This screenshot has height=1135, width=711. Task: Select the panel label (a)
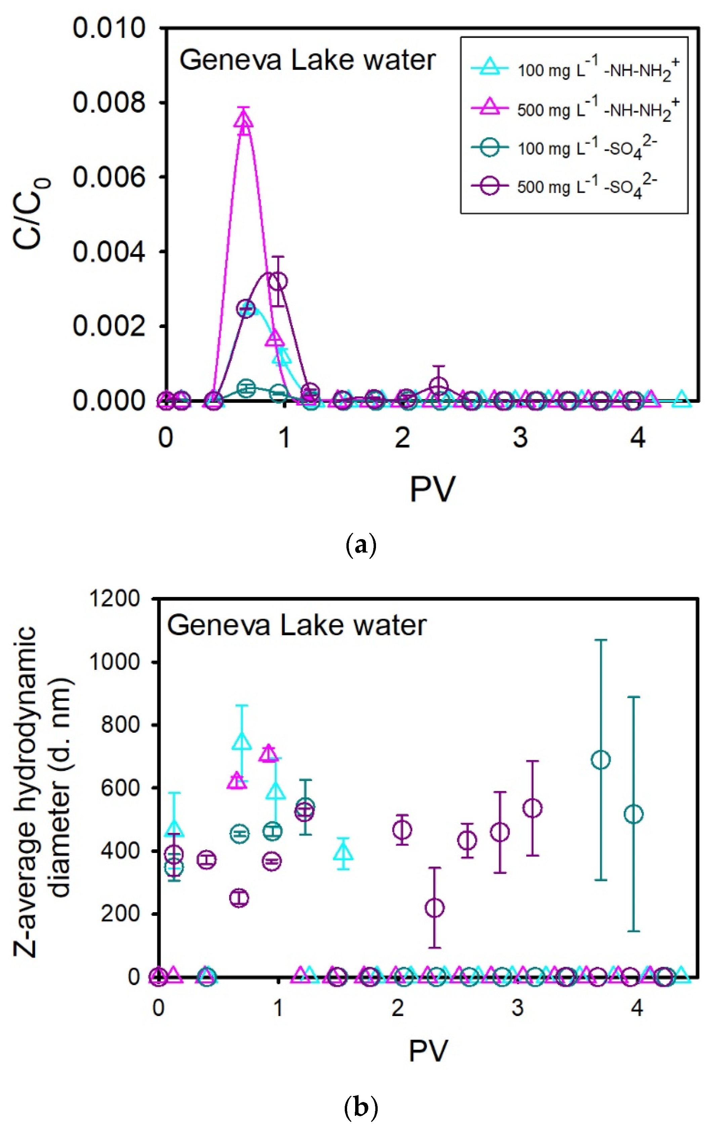(x=361, y=545)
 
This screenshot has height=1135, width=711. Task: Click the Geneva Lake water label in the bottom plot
(x=296, y=625)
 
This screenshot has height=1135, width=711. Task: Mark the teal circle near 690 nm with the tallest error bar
(x=600, y=760)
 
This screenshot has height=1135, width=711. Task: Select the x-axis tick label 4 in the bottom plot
(x=637, y=1008)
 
